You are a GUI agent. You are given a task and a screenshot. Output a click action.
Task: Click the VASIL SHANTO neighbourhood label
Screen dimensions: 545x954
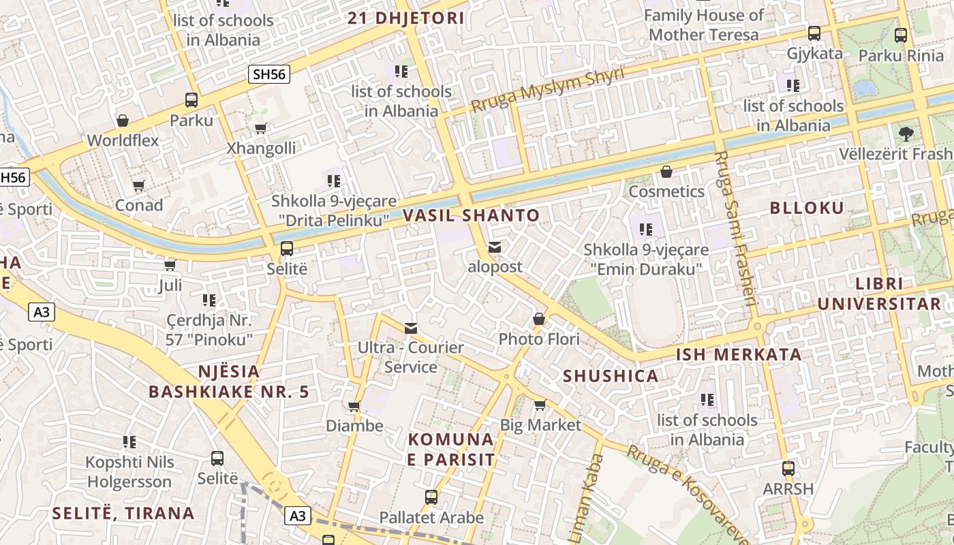coord(471,216)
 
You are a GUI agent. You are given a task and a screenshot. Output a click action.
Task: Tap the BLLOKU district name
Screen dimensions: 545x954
coord(807,208)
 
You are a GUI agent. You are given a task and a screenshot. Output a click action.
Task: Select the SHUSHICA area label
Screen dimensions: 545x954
coord(611,376)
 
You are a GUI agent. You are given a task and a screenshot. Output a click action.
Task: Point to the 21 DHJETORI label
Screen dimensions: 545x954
coord(406,18)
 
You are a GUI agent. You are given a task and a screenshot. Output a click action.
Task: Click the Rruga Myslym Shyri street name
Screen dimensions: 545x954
coord(548,90)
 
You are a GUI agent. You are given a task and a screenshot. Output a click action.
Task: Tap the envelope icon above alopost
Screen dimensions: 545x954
coord(495,247)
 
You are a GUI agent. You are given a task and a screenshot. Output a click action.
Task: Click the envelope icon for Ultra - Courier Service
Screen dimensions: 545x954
coord(411,328)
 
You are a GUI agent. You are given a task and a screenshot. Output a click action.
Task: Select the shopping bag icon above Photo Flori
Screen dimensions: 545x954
coord(539,319)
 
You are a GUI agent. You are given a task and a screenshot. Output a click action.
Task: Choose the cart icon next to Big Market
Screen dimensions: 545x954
coord(540,405)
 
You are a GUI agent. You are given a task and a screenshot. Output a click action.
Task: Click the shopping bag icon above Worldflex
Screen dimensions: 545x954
coord(123,121)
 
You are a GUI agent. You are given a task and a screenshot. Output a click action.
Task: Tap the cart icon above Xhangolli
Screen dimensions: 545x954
coord(261,128)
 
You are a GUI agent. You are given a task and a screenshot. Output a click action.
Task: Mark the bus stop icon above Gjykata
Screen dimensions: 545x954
coord(814,33)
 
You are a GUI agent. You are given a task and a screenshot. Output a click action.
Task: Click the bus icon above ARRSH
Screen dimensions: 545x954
coord(788,469)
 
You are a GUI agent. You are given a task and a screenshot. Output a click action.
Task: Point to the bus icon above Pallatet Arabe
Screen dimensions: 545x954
coord(431,497)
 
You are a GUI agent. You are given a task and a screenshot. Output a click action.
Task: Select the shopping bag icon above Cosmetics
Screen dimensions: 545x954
coord(666,172)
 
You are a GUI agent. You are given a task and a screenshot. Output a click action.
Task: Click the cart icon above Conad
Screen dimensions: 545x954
coord(139,185)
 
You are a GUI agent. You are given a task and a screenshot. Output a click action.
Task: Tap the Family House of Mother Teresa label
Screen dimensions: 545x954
coord(704,25)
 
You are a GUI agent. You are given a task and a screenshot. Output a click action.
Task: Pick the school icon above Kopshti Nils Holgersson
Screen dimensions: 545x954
coord(129,442)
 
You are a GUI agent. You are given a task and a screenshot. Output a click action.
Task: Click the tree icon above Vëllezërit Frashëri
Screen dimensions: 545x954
coord(906,134)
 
